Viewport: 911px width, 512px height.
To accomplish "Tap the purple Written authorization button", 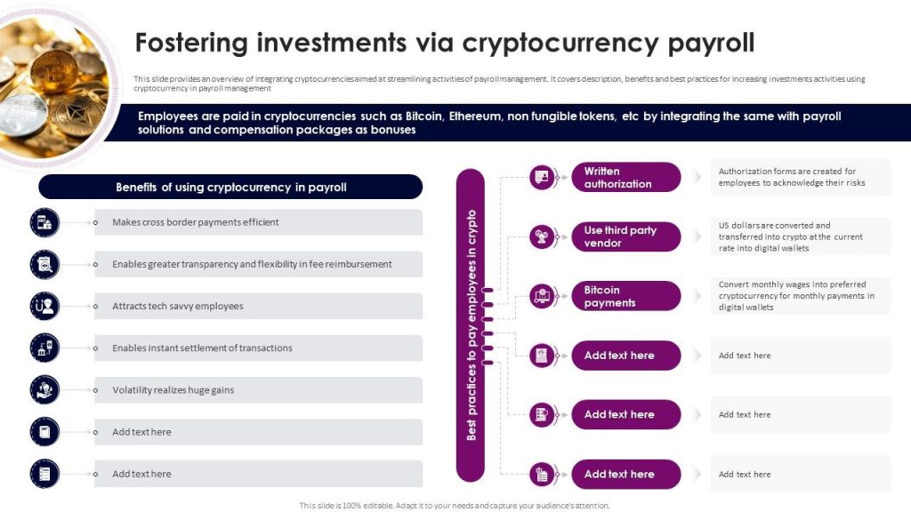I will [x=625, y=178].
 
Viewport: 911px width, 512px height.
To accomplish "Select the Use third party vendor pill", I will [x=625, y=236].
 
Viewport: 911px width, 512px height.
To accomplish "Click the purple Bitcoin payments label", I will [x=625, y=296].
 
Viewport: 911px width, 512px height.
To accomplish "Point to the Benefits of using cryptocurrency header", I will [x=230, y=188].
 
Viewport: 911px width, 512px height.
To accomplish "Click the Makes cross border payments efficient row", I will [x=258, y=222].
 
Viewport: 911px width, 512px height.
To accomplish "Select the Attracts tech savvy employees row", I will [x=258, y=306].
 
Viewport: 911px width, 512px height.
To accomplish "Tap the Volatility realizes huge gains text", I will [x=173, y=390].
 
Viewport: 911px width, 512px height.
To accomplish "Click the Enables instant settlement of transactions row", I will [x=258, y=348].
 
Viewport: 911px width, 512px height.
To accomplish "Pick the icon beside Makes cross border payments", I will [x=44, y=222].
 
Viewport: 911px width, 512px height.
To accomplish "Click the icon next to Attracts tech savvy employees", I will [x=44, y=306].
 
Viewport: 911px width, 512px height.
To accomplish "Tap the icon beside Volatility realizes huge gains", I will [x=44, y=390].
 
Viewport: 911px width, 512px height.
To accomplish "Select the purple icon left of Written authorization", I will [x=542, y=178].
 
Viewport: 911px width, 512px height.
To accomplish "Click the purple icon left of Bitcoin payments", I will [x=542, y=296].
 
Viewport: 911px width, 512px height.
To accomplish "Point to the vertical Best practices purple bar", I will [x=471, y=324].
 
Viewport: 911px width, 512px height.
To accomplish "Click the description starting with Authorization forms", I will [x=800, y=177].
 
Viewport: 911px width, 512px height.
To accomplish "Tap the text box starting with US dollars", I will [x=800, y=236].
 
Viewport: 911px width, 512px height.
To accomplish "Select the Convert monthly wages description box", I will [x=800, y=296].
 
